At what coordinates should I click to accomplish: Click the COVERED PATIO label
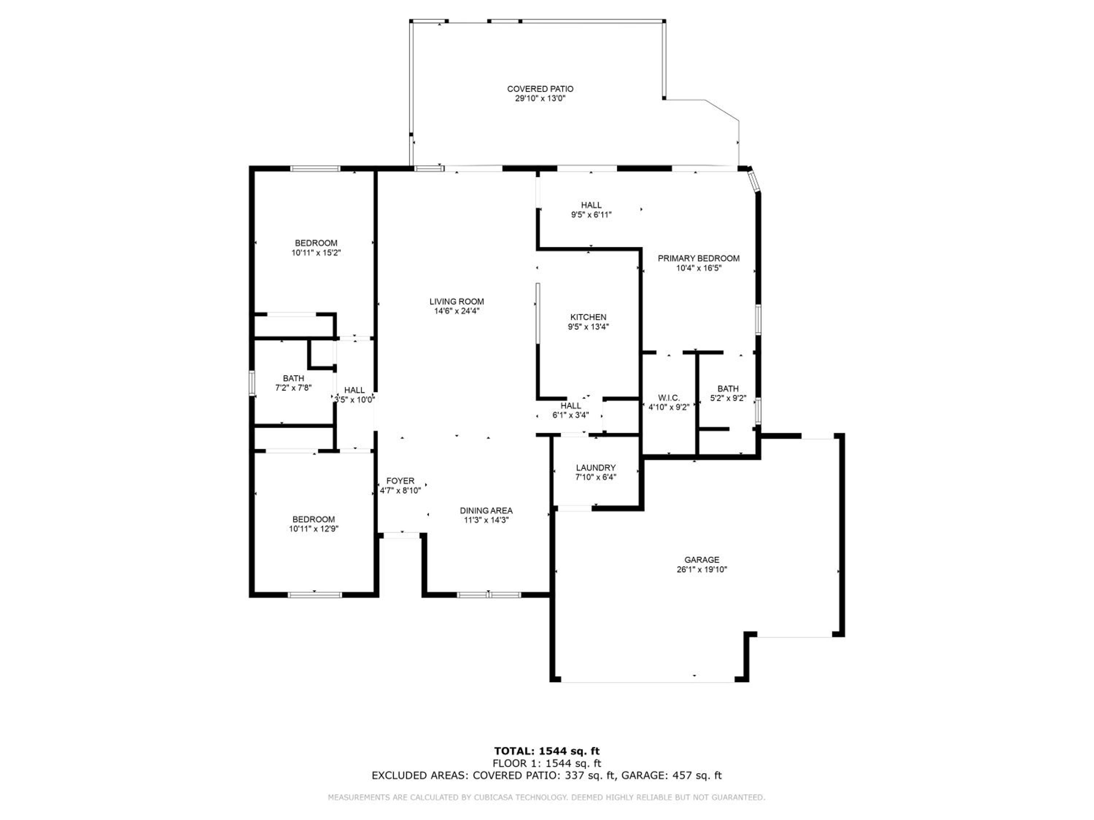[x=540, y=89]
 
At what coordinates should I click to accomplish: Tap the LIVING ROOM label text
[x=457, y=301]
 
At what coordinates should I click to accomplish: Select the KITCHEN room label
[x=588, y=317]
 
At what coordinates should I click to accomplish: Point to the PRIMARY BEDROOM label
[x=698, y=258]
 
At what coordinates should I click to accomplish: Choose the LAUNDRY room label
[x=596, y=468]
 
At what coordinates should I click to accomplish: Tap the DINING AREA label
[x=486, y=511]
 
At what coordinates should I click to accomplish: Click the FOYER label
[x=400, y=481]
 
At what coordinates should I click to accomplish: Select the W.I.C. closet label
[x=669, y=398]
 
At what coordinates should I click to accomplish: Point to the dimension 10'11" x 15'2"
[x=316, y=253]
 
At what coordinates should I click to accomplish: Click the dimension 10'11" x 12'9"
[x=314, y=529]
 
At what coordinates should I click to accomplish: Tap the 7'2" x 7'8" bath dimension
[x=293, y=388]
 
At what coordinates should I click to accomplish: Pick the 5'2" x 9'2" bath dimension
[x=728, y=398]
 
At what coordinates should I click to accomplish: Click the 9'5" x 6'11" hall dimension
[x=591, y=215]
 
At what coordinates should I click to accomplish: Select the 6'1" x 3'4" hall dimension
[x=571, y=415]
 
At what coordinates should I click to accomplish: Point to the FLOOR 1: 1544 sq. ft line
[x=547, y=764]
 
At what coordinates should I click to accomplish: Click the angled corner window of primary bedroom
[x=753, y=181]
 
